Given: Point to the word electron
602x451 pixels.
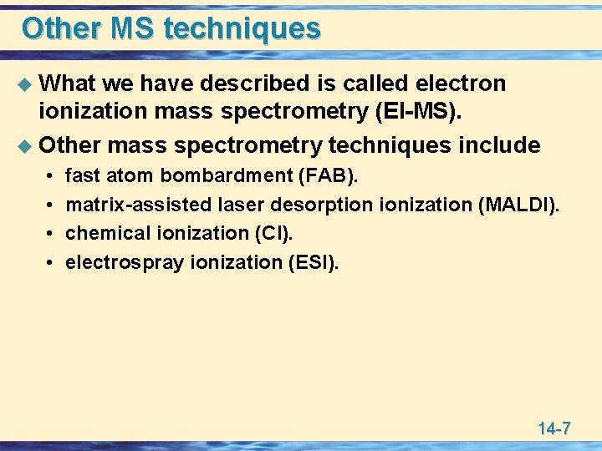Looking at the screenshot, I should coord(462,84).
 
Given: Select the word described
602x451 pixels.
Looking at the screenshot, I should coord(255,84).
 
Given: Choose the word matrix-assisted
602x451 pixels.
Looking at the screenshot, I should coord(138,205).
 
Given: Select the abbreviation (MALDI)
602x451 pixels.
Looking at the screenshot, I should coord(521,205).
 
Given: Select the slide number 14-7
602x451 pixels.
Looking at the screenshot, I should coord(554,429).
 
